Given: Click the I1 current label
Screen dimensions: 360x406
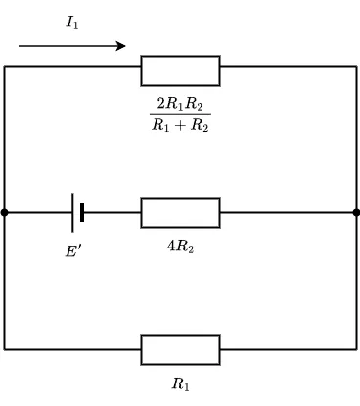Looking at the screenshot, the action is pos(72,23).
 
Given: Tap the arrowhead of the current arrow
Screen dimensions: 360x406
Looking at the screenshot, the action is pos(121,46).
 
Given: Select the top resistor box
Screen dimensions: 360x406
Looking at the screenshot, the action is pos(180,70).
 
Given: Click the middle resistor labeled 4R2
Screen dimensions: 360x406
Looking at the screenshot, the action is pos(180,212).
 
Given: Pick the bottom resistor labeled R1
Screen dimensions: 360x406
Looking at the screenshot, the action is pos(180,349).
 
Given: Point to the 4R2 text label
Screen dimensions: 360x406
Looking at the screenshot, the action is pos(180,247).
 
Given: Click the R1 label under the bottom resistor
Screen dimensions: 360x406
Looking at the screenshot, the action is pos(180,383).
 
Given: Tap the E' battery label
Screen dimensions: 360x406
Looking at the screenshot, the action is pos(73,251).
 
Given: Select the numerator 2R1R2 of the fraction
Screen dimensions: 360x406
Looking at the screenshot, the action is pos(180,104).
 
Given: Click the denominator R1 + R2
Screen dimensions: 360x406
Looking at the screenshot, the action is pos(180,125).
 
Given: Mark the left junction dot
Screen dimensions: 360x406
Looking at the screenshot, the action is pos(4,213).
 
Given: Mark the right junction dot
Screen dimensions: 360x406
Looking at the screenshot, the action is pos(356,213).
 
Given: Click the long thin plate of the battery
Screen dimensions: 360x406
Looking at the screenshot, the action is pos(72,212).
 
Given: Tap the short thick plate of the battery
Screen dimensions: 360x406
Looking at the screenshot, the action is pos(82,212).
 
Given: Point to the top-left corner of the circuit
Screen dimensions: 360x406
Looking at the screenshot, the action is pos(4,66).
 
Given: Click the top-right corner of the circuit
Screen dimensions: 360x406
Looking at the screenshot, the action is pos(357,66).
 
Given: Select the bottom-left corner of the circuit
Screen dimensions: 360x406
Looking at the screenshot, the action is pos(4,349).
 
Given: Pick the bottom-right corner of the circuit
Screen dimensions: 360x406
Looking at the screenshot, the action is pos(357,349).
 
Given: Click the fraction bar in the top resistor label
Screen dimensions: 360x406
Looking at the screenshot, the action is pos(180,114).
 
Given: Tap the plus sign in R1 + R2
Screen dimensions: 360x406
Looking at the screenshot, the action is pos(180,125).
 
